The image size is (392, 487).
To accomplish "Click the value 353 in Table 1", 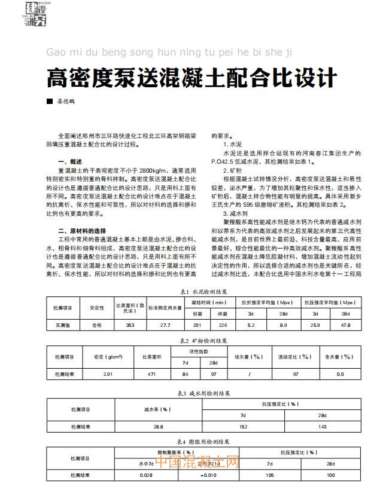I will pos(129,325).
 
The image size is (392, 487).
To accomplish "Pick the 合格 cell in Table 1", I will pos(96,325).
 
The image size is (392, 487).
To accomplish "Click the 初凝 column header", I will pos(197,314).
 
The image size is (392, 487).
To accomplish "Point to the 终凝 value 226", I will pos(223,325).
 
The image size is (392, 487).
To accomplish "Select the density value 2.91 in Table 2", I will pos(108,374).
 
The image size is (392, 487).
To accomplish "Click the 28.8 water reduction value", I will pos(158,427).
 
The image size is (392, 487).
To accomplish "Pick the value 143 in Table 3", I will pos(323,427).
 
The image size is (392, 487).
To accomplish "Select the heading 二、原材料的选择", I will pos(81,231).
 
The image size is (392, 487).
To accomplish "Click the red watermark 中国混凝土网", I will pos(197,464).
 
